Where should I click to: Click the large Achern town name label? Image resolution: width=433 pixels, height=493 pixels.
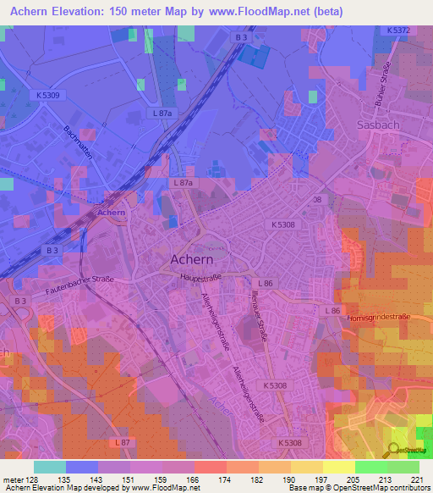(x=199, y=258)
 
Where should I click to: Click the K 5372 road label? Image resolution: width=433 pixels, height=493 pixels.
(x=398, y=30)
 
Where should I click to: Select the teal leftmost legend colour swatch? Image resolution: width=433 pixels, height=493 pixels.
(x=50, y=467)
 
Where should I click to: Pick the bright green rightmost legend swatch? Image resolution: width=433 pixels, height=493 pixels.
(x=403, y=467)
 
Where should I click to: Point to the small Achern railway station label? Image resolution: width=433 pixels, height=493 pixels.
(x=111, y=213)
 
